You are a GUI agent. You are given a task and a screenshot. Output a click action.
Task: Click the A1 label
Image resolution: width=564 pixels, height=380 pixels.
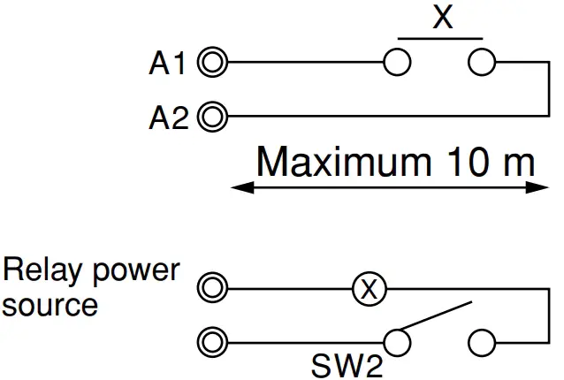[x=167, y=64]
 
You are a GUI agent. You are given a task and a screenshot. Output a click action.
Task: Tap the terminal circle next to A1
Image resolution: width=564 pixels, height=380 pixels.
[x=213, y=63]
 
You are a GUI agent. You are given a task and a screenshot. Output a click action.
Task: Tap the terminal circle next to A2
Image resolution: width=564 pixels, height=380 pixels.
[x=213, y=116]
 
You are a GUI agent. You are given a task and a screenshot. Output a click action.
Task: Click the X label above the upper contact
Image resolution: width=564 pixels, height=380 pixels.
[x=442, y=18]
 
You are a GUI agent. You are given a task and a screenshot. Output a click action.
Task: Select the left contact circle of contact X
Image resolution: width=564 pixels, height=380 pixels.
[x=399, y=63]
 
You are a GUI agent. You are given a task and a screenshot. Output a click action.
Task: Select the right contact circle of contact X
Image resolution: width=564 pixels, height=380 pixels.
[x=483, y=63]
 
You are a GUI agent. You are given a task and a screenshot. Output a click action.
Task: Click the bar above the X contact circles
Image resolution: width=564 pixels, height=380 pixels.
[x=440, y=39]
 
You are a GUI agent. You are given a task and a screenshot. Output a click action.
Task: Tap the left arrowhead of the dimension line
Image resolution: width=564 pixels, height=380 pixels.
[x=239, y=187]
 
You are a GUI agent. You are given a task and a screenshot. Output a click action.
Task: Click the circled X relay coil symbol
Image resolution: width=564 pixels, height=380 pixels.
[x=370, y=288]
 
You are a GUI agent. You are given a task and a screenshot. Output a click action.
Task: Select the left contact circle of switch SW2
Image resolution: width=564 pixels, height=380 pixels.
[x=399, y=340]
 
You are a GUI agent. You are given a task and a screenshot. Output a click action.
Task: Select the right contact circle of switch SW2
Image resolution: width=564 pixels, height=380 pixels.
[x=483, y=340]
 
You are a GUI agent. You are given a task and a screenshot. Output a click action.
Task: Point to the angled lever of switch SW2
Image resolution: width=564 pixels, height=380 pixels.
[x=438, y=319]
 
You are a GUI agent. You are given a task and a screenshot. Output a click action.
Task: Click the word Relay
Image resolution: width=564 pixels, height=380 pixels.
[x=43, y=271]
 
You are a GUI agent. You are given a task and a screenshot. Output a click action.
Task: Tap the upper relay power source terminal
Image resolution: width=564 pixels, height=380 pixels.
[x=213, y=288]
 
